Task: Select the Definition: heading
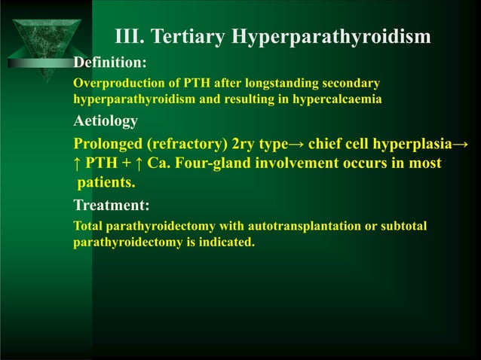point(110,61)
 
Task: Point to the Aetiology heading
point(106,121)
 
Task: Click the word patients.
point(107,182)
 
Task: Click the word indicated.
point(229,243)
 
